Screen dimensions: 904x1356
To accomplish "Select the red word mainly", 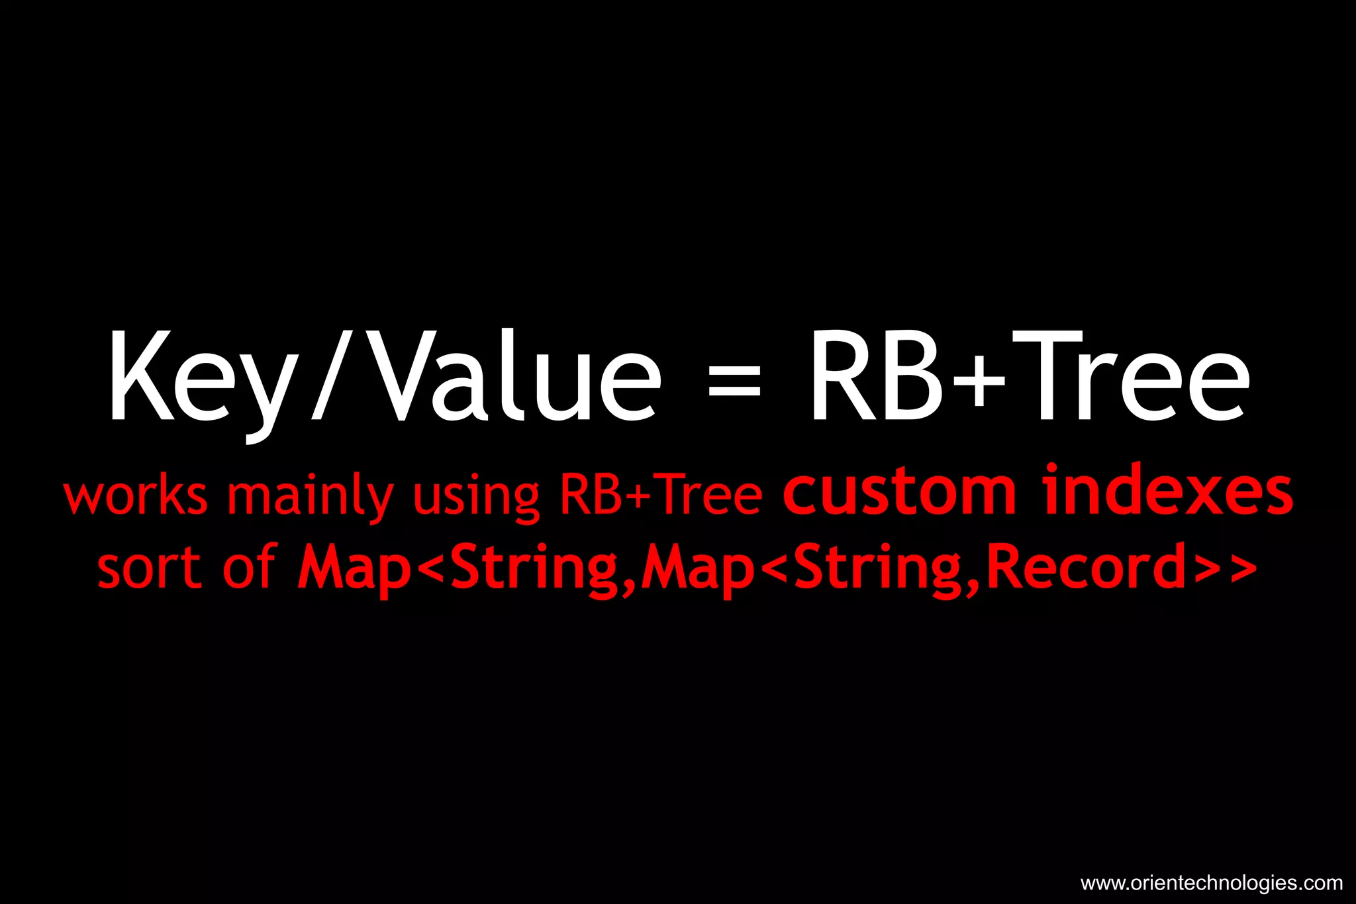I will [x=310, y=497].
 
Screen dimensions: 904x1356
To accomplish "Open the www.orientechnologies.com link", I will [x=1211, y=883].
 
